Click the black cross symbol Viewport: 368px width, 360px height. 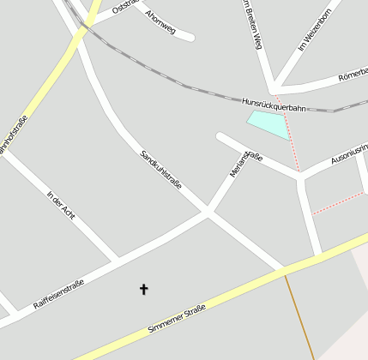[143, 290]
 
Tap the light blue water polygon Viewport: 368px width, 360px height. [268, 123]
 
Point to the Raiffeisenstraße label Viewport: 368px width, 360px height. [58, 294]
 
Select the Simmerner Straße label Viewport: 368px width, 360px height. [177, 318]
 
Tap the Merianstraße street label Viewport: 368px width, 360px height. [245, 162]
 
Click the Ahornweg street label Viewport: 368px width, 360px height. [160, 23]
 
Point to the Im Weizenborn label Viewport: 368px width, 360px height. [314, 30]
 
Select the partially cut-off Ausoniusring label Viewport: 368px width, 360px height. [349, 155]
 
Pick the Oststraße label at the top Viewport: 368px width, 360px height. [125, 8]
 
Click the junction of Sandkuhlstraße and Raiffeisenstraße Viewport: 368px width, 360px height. [207, 211]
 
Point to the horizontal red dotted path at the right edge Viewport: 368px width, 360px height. [338, 202]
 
